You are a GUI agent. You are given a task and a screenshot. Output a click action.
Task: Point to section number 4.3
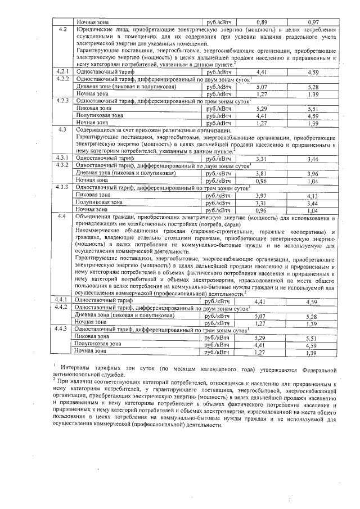click(63, 129)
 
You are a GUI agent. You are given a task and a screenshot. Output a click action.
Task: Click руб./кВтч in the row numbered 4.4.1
click(218, 302)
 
